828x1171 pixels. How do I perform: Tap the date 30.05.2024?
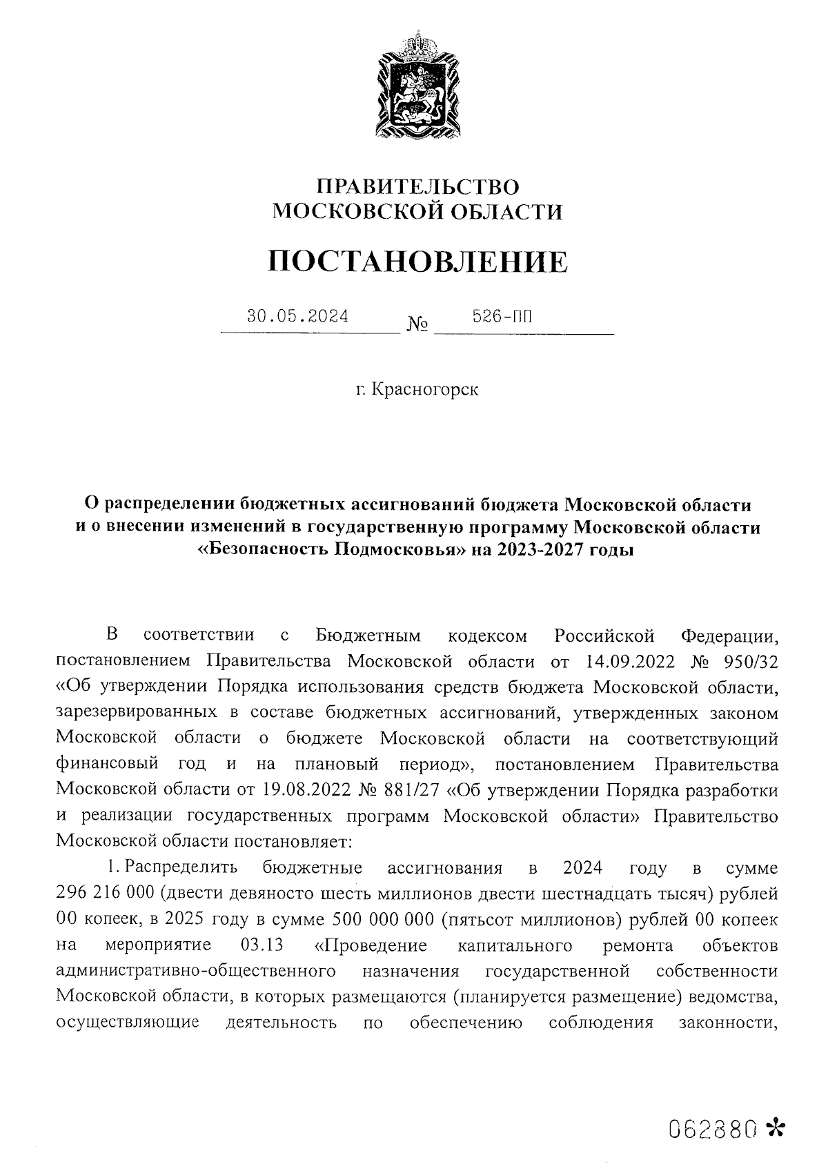coord(298,317)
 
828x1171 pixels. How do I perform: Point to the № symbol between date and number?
coord(418,324)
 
